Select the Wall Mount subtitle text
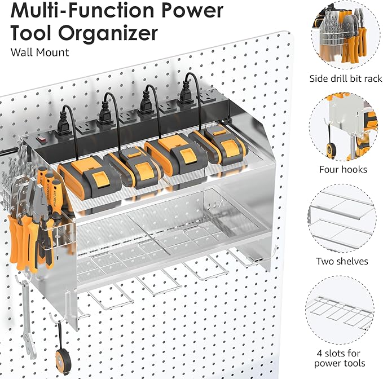click(x=39, y=52)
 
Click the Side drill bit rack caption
click(x=346, y=79)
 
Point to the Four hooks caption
click(x=343, y=169)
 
